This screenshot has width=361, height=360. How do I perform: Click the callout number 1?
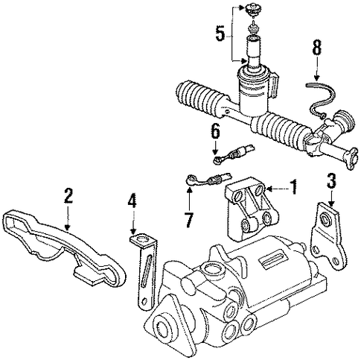(293, 187)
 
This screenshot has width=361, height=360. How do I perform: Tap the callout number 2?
(68, 195)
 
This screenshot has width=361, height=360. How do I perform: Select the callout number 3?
(331, 181)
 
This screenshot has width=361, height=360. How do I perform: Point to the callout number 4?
(132, 200)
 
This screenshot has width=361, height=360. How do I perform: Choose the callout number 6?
(215, 131)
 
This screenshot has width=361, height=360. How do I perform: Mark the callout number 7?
(189, 220)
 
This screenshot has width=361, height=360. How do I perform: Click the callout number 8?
(316, 48)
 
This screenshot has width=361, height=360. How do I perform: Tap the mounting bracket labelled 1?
(251, 209)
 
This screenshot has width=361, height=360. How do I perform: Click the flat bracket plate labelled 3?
(328, 236)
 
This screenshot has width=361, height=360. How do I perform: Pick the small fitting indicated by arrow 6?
(233, 154)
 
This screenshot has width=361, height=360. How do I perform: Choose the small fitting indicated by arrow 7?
(208, 180)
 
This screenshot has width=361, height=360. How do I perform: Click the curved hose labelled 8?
(322, 99)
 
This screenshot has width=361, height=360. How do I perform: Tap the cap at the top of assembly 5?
(252, 10)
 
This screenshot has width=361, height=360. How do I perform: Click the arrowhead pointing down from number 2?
(68, 226)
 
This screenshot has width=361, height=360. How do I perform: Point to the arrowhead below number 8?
(316, 78)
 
